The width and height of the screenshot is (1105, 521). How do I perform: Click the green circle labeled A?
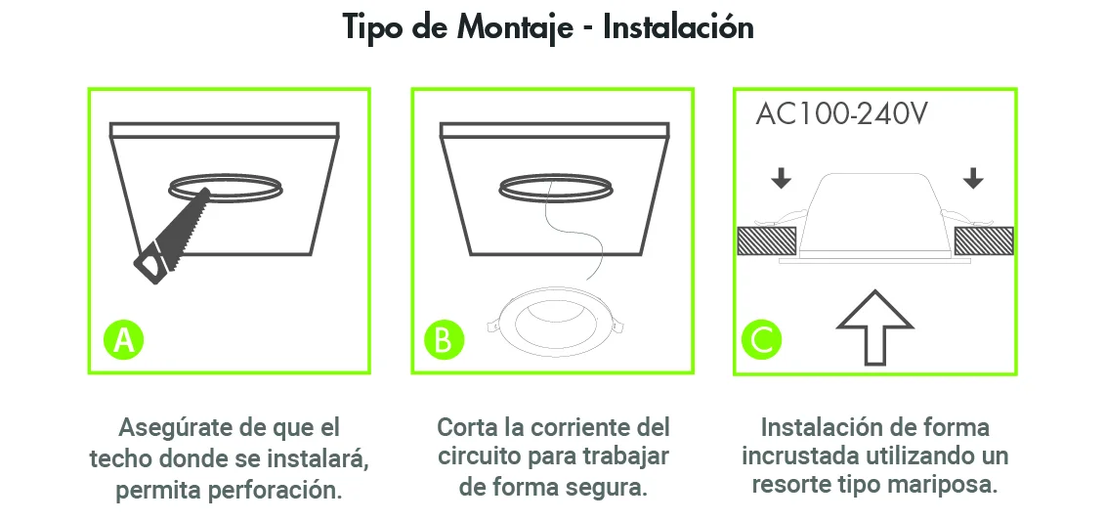coord(124,340)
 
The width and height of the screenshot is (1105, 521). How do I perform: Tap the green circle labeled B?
coord(444,340)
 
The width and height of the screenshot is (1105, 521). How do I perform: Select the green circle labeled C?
coord(762,340)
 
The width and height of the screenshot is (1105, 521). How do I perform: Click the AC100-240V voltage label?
coord(841,114)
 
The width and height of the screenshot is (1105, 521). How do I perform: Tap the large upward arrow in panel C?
coord(874,327)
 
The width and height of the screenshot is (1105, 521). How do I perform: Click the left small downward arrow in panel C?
coord(781,178)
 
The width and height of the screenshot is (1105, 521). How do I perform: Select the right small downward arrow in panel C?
coord(973,178)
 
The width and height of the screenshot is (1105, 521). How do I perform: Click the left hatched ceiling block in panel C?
coord(767,241)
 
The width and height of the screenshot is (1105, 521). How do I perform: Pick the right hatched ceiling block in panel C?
coord(984,241)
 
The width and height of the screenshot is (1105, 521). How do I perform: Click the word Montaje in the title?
coord(515,28)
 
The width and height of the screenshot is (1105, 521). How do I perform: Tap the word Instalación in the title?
coord(679,26)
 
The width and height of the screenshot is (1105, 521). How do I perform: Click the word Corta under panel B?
coord(468,427)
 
